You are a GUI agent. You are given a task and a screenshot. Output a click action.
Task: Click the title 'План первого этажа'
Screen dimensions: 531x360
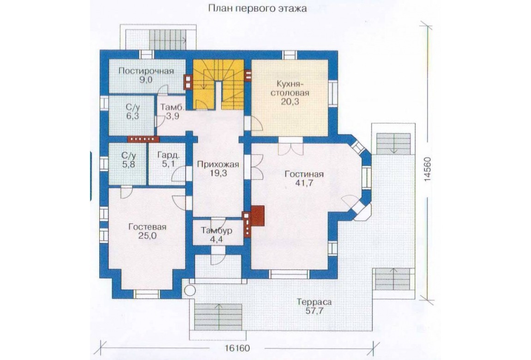coord(257,8)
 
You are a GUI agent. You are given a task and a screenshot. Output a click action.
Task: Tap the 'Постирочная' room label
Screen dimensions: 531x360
coord(146,71)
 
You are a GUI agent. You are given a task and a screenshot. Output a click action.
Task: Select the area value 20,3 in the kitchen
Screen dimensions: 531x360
coord(290,101)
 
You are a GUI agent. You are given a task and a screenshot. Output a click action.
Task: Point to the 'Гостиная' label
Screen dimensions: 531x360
coord(304,174)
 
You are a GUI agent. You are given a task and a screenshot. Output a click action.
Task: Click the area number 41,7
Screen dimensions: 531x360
coord(304,183)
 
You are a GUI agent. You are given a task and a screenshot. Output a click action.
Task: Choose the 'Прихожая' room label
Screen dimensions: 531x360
coord(218,164)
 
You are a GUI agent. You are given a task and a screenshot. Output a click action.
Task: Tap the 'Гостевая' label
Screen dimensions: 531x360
coord(147,227)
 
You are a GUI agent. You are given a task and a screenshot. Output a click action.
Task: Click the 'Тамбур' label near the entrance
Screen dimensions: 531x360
coord(217,231)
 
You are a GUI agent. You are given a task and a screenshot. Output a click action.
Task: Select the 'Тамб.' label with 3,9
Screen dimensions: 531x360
coord(172,108)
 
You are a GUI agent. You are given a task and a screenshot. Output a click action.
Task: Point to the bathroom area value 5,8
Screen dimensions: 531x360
coord(128,165)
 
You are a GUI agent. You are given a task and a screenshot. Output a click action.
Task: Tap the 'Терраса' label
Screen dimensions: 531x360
coord(314,302)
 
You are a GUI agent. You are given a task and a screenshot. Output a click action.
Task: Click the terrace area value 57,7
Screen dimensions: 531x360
coord(314,311)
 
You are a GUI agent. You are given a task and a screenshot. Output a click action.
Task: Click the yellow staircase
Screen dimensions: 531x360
coord(218,84)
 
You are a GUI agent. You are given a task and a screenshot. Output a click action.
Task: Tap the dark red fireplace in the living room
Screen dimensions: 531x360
coord(257,216)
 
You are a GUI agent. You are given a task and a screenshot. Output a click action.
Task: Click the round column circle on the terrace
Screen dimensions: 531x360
coord(190,290)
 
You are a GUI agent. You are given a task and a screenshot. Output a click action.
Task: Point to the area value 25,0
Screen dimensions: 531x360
coord(147,236)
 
